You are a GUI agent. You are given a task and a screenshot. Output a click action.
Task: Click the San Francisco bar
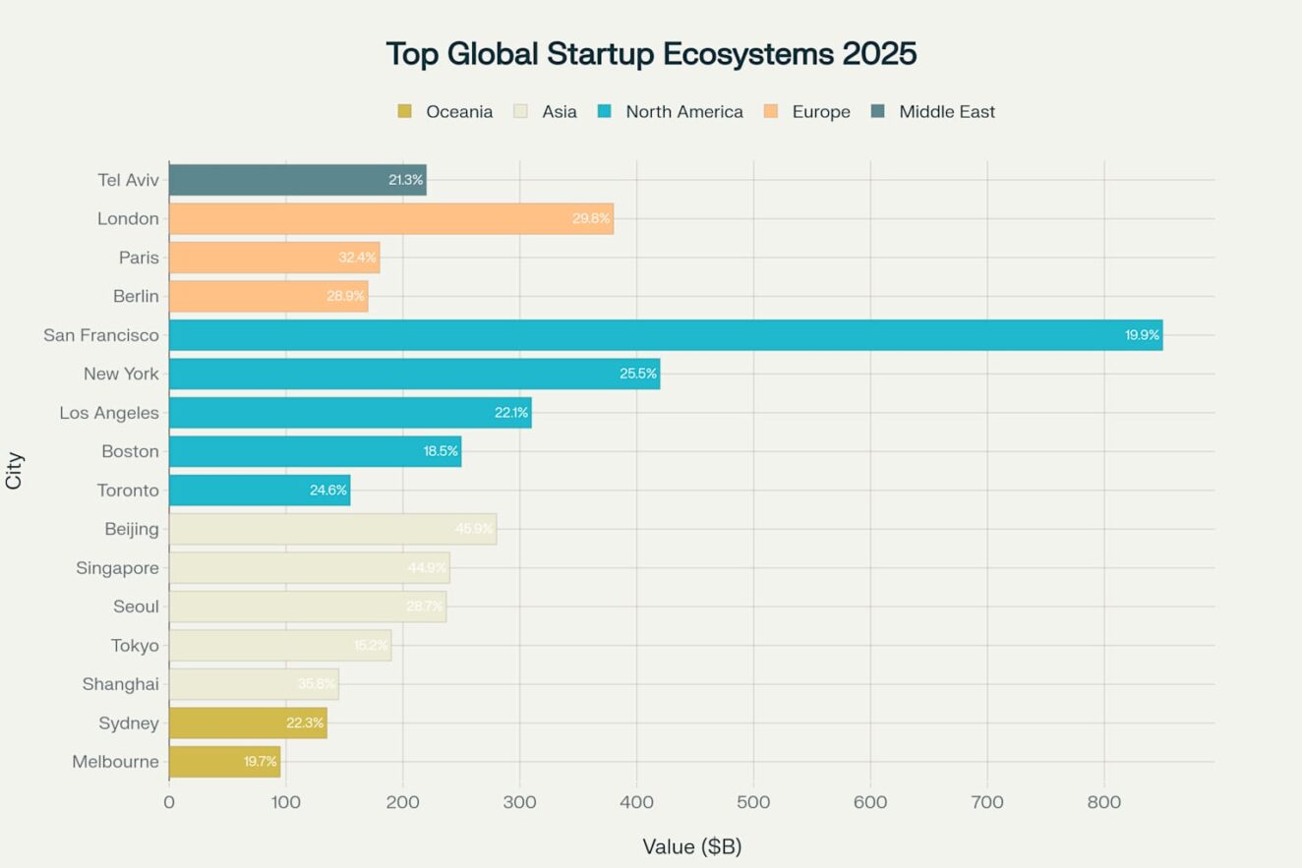665,335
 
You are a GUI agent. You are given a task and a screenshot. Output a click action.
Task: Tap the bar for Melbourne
224,762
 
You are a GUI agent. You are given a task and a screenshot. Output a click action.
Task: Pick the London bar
390,218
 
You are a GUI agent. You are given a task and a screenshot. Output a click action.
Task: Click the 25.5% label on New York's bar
637,375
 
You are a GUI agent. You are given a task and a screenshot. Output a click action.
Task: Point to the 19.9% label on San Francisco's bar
1142,335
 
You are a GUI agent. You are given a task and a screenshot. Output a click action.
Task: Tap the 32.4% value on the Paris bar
357,258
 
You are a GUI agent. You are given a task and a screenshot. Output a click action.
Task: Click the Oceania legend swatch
404,112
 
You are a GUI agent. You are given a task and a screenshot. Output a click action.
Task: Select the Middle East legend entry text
946,112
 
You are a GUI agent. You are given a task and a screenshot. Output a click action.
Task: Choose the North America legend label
683,112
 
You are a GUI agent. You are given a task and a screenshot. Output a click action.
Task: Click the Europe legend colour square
770,112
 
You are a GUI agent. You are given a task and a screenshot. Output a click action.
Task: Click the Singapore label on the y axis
117,568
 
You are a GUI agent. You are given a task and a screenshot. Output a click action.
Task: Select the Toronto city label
127,491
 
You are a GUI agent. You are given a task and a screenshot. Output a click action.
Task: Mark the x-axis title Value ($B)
691,846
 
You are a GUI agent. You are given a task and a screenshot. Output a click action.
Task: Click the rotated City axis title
15,471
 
